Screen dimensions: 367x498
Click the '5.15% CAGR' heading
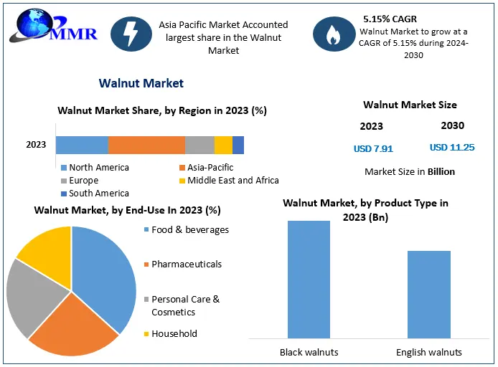pyautogui.click(x=390, y=19)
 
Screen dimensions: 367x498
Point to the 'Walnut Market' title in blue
pyautogui.click(x=141, y=83)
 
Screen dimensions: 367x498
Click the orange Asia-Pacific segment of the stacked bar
pyautogui.click(x=146, y=145)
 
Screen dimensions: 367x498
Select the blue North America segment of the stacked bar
pyautogui.click(x=82, y=145)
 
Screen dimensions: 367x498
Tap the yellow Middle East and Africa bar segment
pyautogui.click(x=223, y=145)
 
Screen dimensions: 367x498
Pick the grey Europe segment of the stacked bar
pyautogui.click(x=199, y=145)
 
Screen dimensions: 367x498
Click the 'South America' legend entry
pyautogui.click(x=99, y=193)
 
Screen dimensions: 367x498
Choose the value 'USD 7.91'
pyautogui.click(x=373, y=149)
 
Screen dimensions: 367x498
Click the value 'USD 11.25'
pyautogui.click(x=452, y=148)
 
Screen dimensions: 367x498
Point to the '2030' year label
pyautogui.click(x=452, y=125)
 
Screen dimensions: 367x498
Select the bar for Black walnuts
pyautogui.click(x=309, y=280)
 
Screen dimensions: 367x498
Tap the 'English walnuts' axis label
pyautogui.click(x=429, y=352)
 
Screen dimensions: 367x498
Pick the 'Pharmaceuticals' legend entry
pyautogui.click(x=187, y=264)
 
